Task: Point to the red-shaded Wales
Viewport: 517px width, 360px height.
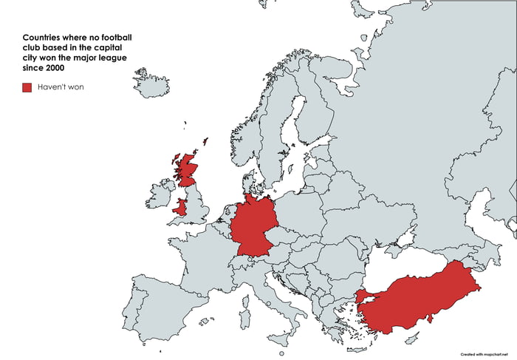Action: tap(180, 207)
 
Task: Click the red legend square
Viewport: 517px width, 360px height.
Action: tap(27, 87)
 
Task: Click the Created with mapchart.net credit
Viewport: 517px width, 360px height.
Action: tap(485, 353)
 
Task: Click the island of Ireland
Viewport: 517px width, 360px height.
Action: tap(160, 195)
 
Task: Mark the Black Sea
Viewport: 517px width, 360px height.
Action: tap(399, 262)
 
